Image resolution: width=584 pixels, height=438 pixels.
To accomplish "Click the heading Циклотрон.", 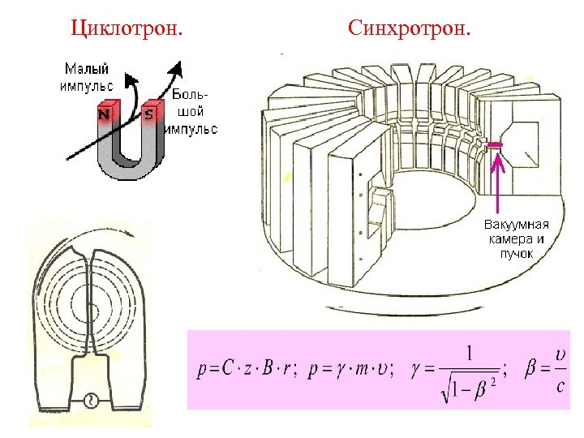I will tap(127, 29).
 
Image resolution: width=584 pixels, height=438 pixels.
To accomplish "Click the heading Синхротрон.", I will tap(409, 29).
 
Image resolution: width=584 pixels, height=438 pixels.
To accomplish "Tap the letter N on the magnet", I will tap(105, 115).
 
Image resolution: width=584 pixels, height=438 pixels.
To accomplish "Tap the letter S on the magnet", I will tap(148, 115).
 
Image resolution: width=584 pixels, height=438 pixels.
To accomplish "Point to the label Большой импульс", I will tap(192, 111).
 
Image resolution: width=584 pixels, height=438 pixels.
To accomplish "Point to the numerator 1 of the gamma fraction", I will tap(469, 354).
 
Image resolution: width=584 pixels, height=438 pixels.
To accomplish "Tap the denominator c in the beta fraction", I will tap(561, 386).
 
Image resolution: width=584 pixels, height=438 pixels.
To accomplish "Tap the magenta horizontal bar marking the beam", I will tap(495, 144).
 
